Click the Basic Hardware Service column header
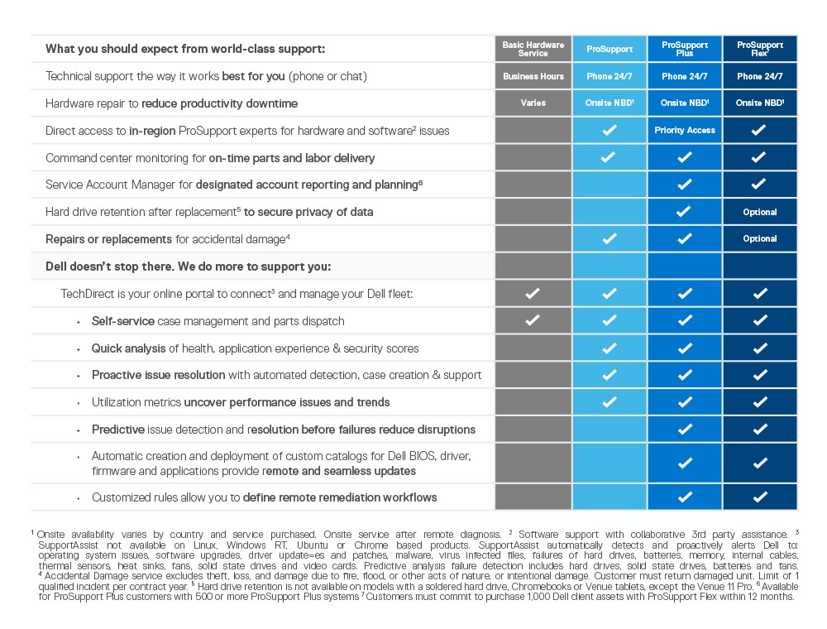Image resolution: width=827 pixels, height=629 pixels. (533, 49)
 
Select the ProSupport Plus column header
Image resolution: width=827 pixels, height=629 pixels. (685, 49)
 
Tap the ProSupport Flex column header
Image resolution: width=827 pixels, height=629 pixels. (760, 49)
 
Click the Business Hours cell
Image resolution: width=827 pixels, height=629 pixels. (533, 76)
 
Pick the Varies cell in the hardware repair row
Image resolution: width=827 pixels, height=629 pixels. (533, 103)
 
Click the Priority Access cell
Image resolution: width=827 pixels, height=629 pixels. (685, 131)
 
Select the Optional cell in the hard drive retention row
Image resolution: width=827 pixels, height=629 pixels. (760, 212)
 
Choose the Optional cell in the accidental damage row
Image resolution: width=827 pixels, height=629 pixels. (760, 238)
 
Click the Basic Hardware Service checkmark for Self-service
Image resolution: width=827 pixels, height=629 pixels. (533, 320)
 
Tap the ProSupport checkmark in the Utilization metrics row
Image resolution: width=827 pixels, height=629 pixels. (609, 401)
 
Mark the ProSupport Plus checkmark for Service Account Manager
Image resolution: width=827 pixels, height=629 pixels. (685, 185)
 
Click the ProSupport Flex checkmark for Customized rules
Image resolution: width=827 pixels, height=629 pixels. (760, 497)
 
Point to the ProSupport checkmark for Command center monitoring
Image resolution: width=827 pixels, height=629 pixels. (609, 157)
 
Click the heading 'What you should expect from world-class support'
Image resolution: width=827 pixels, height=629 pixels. (185, 49)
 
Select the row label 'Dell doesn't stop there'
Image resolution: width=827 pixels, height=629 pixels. (188, 266)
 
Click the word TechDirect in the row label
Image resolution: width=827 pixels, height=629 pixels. (85, 294)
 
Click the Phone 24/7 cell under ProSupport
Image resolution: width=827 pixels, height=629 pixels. (609, 76)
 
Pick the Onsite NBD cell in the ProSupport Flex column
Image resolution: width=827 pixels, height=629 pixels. (760, 103)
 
